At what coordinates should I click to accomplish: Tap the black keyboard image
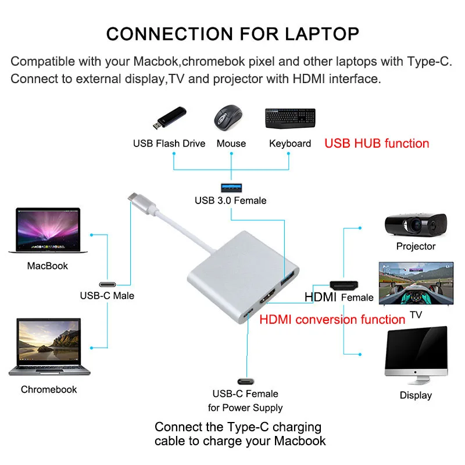coord(290,119)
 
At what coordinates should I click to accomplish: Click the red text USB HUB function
coord(377,143)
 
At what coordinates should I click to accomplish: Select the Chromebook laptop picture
coord(49,347)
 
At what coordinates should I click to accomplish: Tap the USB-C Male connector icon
coord(107,284)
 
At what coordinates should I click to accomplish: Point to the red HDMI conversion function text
coord(332,319)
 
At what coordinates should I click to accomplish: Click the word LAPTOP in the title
coord(319,33)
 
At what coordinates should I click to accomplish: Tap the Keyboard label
coord(290,144)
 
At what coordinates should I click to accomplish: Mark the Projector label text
coord(416,246)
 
